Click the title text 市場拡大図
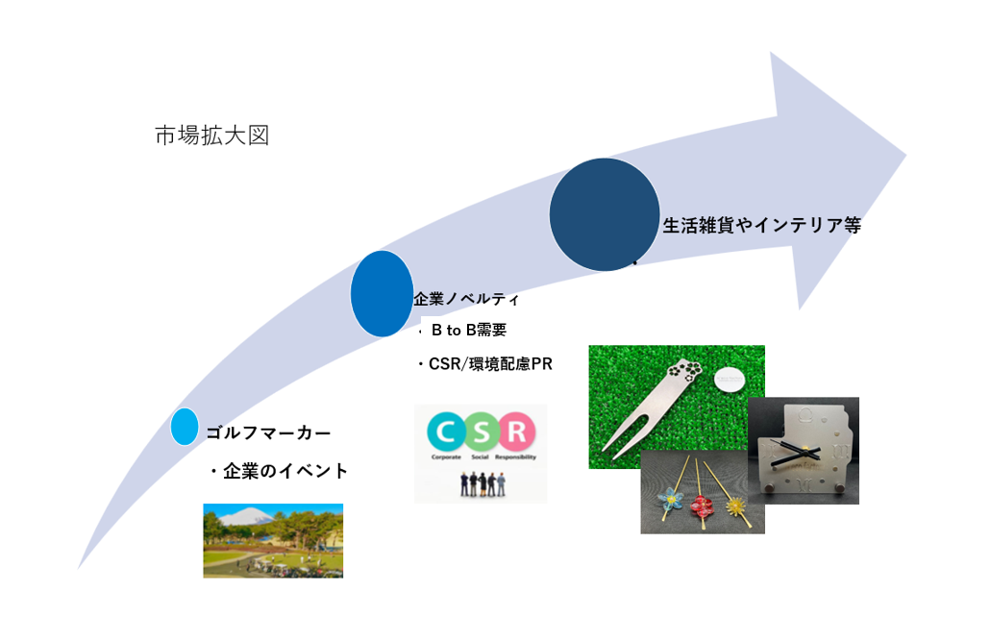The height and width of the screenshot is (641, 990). [211, 136]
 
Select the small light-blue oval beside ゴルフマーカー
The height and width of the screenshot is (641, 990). [184, 426]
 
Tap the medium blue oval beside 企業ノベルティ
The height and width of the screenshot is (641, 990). [382, 293]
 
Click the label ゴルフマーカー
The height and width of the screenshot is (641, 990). [274, 433]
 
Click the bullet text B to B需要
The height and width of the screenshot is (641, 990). [468, 332]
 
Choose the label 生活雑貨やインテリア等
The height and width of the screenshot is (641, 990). [760, 226]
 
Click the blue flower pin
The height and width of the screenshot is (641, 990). [666, 501]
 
